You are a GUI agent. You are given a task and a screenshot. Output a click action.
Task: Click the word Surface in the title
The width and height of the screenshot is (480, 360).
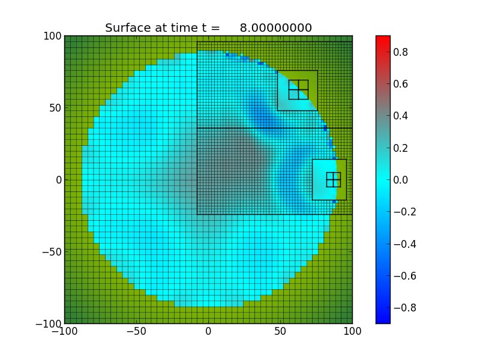(x=127, y=28)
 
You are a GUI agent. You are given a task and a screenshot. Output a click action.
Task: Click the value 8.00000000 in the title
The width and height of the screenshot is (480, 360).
(x=275, y=28)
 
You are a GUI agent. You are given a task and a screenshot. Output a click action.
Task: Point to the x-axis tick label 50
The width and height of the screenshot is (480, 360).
(x=280, y=331)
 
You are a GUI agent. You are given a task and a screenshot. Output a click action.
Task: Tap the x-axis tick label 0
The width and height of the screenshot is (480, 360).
(x=208, y=331)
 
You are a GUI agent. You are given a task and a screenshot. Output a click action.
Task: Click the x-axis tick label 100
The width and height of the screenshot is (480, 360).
(x=352, y=331)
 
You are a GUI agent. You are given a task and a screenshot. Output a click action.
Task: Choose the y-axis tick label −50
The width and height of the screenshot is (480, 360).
(x=50, y=252)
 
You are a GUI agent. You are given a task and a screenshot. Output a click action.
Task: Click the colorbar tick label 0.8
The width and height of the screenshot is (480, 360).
(x=400, y=52)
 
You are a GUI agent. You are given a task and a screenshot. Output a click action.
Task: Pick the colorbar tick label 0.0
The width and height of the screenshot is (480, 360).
(x=400, y=180)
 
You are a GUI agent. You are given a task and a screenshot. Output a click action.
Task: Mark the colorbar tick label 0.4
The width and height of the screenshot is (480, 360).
(x=400, y=116)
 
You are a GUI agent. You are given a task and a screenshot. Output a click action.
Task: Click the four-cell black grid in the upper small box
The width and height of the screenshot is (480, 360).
(x=298, y=90)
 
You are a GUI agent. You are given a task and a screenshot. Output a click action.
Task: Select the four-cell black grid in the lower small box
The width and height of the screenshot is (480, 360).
(x=334, y=179)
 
